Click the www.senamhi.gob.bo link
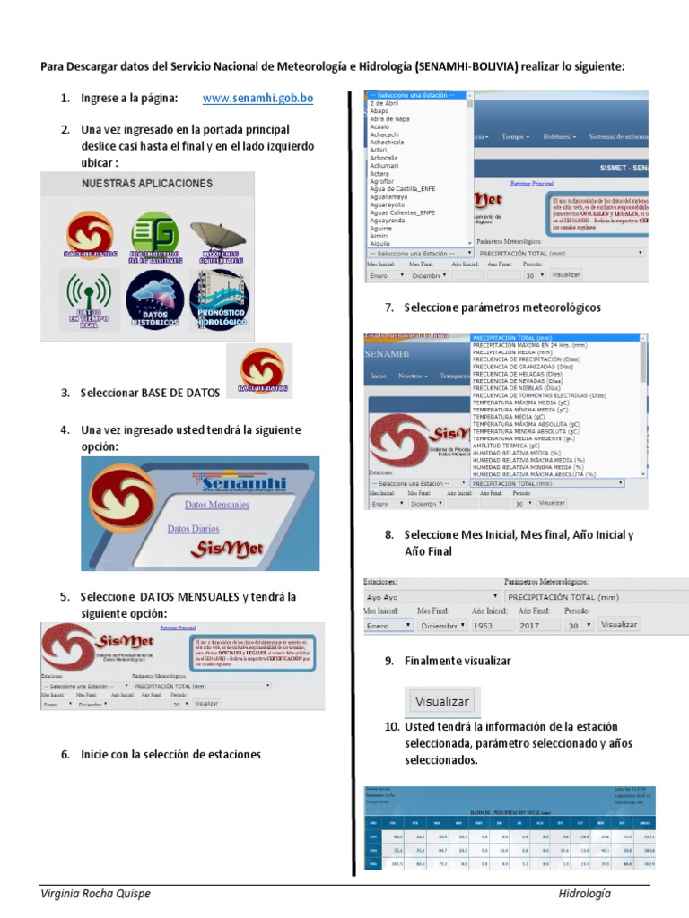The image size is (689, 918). tap(257, 98)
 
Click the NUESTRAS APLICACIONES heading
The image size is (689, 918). tap(147, 183)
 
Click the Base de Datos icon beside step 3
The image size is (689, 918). tap(263, 370)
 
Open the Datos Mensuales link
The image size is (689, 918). tap(204, 505)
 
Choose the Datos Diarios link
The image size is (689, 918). tap(193, 529)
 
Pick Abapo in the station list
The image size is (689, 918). tap(379, 111)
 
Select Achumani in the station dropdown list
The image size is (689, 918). tap(384, 166)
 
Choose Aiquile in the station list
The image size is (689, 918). tap(380, 243)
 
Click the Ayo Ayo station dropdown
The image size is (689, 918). tap(432, 596)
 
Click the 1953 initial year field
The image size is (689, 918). tap(493, 625)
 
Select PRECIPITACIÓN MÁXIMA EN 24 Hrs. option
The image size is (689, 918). tap(530, 344)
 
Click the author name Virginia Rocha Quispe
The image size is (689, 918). tap(94, 894)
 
